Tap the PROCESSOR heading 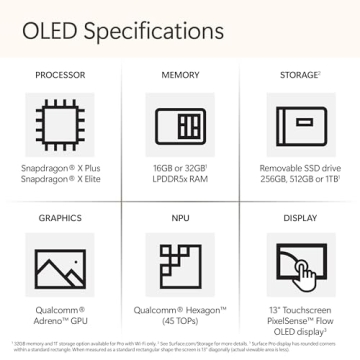(x=60, y=75)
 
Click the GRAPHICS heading (x=60, y=216)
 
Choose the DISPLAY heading (x=300, y=216)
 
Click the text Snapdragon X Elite (x=60, y=179)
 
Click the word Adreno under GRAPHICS (x=49, y=320)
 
